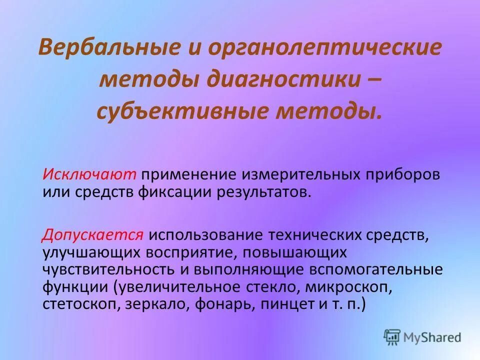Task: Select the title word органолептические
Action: [325, 48]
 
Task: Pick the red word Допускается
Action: [93, 234]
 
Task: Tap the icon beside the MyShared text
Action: [393, 337]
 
